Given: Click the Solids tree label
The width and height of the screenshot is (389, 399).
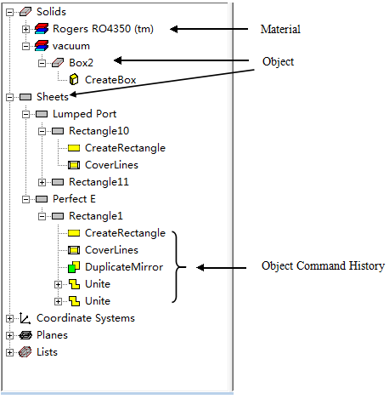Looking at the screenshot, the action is click(x=51, y=12).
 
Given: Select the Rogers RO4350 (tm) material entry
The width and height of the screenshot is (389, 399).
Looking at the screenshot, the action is click(x=103, y=29).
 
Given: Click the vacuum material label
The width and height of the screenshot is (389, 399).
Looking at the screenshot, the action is click(x=71, y=46).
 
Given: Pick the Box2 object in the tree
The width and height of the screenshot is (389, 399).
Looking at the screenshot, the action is click(x=81, y=63).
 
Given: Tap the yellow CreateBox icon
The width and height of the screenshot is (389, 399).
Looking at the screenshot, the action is click(x=74, y=80).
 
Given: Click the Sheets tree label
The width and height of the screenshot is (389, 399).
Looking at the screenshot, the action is click(x=53, y=97).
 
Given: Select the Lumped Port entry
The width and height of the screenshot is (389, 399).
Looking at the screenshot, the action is click(x=85, y=114).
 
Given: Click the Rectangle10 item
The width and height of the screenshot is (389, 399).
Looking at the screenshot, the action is click(x=99, y=131).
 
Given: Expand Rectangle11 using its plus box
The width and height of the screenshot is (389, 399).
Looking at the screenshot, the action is click(x=42, y=182).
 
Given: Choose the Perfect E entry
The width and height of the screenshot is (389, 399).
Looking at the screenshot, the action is click(x=74, y=199).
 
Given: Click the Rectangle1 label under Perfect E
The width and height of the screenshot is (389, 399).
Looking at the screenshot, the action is click(x=96, y=216).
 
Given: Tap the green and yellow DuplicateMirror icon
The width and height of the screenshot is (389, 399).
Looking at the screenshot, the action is click(x=74, y=267).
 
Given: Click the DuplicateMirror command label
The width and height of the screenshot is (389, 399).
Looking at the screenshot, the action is click(x=124, y=267).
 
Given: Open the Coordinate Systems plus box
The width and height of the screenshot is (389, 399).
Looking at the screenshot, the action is click(x=9, y=318).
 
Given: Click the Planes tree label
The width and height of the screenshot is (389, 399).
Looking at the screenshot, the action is click(x=53, y=335).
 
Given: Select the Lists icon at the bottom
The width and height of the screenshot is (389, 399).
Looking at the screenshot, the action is click(x=25, y=352).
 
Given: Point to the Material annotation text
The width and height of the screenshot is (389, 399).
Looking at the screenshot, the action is click(x=280, y=29).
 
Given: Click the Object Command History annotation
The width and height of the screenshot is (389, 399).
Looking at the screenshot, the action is click(x=323, y=266).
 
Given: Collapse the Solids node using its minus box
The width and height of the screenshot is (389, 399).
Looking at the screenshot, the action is click(x=9, y=12).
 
